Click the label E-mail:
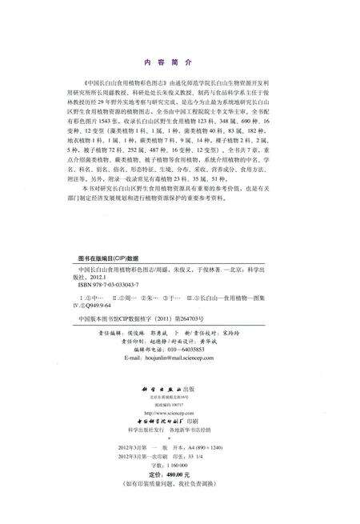pyautogui.click(x=130, y=358)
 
